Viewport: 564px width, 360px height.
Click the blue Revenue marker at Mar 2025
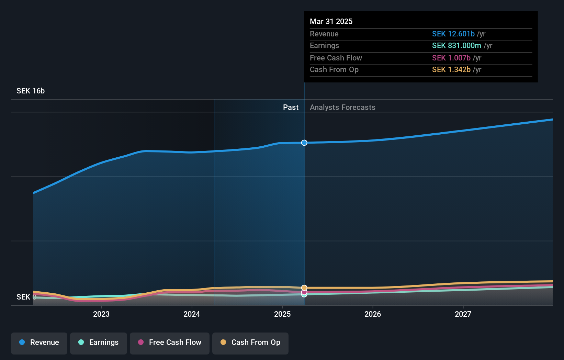[x=304, y=143]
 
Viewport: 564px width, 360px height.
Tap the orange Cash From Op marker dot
[x=304, y=288]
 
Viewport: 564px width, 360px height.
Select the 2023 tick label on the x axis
[x=101, y=314]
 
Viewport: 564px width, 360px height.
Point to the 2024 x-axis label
[x=192, y=314]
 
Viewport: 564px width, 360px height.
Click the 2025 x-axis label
[x=282, y=314]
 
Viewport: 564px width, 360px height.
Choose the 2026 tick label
[x=373, y=314]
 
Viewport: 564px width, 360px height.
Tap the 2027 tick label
[x=463, y=314]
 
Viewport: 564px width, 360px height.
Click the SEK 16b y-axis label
[x=31, y=91]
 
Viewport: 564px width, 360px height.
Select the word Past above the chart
[x=291, y=107]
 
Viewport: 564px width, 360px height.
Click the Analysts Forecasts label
[x=342, y=107]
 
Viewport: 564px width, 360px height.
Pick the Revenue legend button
[x=39, y=342]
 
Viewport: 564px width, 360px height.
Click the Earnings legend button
[x=99, y=342]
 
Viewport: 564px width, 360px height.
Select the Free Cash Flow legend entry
[x=170, y=342]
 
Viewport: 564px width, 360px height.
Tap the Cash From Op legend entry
[x=250, y=342]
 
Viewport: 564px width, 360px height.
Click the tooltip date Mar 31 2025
[x=331, y=21]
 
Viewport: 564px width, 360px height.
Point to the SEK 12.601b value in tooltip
[x=453, y=34]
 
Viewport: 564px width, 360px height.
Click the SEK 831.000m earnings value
[x=456, y=46]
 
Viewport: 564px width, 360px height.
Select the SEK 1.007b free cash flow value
[x=451, y=58]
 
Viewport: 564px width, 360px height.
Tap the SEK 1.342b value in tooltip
[x=451, y=70]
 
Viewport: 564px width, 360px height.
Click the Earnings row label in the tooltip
[x=324, y=46]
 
